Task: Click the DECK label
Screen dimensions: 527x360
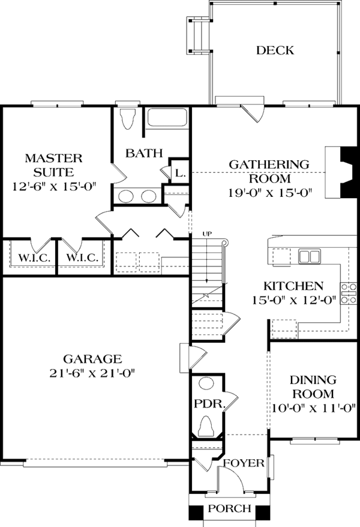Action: point(275,50)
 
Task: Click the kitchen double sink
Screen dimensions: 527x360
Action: point(310,257)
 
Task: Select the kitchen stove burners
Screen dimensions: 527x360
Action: point(346,294)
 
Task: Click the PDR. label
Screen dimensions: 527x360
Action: point(209,404)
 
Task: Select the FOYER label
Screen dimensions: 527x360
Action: point(244,463)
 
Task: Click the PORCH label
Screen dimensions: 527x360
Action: point(230,509)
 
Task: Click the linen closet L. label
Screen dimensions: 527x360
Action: point(179,173)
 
